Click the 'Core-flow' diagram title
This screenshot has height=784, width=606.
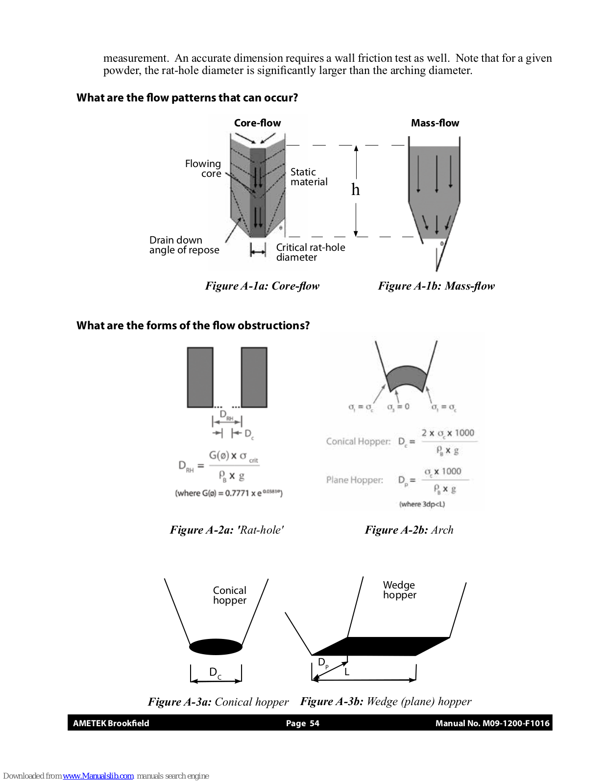(257, 123)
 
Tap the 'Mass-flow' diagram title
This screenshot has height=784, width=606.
(435, 123)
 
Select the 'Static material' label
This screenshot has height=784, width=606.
(309, 177)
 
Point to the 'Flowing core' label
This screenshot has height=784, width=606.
(203, 169)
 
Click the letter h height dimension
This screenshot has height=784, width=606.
(356, 190)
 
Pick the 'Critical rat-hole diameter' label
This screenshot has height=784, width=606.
(310, 252)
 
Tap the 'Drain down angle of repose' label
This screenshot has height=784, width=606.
(184, 245)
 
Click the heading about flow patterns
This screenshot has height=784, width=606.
(187, 98)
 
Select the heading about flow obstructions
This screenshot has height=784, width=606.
(193, 325)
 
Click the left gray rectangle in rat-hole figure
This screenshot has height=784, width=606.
(200, 377)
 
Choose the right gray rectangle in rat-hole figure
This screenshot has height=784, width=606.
(254, 377)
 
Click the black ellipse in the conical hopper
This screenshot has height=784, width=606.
(216, 647)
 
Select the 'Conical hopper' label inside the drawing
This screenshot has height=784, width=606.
(229, 595)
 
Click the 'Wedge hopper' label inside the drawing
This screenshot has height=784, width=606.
(399, 590)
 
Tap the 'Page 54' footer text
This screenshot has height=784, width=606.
(302, 723)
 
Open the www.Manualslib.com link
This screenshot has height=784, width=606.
(98, 776)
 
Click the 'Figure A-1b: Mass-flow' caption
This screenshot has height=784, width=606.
(436, 286)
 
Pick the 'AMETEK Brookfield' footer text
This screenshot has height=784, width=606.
(111, 723)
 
